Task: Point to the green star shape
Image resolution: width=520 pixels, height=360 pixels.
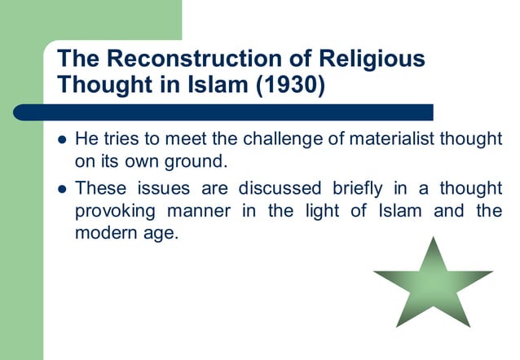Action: tap(433, 286)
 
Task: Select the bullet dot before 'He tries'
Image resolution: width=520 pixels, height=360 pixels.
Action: tap(61, 139)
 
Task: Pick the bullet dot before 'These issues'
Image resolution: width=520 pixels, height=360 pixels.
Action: tap(61, 189)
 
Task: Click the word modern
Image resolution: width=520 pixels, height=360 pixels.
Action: tap(104, 233)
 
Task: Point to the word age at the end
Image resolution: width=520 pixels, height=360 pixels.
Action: tap(158, 235)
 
